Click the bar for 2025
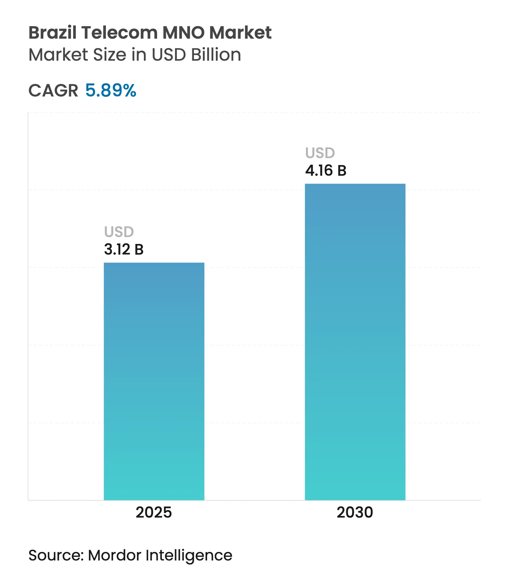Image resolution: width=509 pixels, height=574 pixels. [154, 381]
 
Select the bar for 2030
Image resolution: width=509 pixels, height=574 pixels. [355, 342]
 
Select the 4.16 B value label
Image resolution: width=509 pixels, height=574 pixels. [326, 171]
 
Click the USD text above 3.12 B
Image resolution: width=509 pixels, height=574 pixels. [119, 232]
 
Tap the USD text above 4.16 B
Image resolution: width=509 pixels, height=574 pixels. [320, 153]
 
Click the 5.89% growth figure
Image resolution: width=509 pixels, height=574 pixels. [111, 91]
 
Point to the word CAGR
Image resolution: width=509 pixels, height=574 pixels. [53, 91]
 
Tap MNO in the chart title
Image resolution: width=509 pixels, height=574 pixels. [183, 32]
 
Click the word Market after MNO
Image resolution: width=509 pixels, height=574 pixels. [240, 32]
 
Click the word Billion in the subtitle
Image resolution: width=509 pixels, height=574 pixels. [216, 55]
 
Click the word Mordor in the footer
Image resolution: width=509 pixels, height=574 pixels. [115, 555]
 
